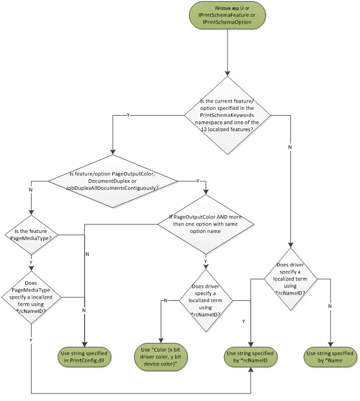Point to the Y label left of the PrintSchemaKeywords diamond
[x=127, y=116]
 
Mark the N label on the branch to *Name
[x=330, y=305]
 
